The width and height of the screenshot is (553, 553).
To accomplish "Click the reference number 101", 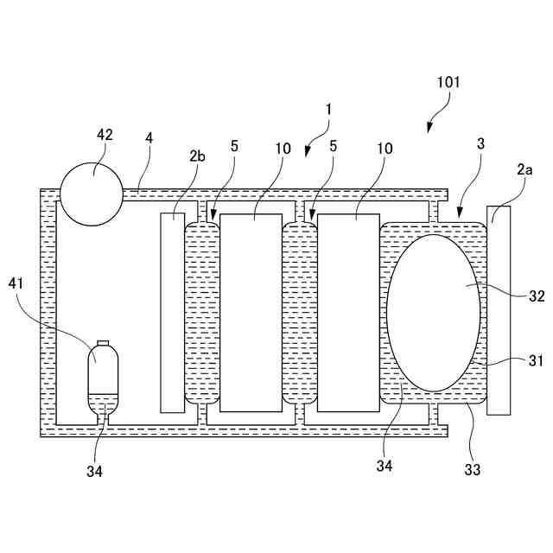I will pos(448,83).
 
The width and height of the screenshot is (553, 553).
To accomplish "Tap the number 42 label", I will pos(104,135).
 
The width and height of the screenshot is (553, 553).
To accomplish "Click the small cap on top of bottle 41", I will pos(103,343).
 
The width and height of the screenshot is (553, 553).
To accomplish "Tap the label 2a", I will pos(524,171).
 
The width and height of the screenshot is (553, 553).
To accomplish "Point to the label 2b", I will pos(197,156).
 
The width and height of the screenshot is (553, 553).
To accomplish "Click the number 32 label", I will pos(536,295).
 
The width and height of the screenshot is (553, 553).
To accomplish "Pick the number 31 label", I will pos(535,361).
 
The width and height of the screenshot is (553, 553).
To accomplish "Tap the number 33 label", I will pos(472,470).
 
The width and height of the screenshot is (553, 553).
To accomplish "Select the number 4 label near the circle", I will pos(149,138).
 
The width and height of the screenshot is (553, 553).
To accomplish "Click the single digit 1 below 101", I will pos(328,110).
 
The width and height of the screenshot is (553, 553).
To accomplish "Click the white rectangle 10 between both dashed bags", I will pos(251,312).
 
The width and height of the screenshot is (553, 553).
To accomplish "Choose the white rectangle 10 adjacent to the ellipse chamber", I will pos(348,312).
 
